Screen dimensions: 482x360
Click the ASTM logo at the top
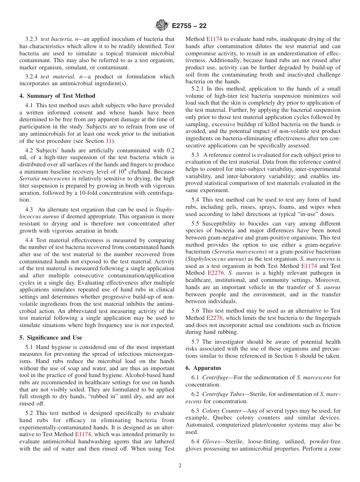pos(162,26)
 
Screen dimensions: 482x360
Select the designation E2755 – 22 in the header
pos(189,26)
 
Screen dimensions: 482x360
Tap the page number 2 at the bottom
pos(180,466)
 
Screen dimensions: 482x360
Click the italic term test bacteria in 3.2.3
pos(55,39)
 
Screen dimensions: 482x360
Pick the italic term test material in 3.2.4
pos(55,77)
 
